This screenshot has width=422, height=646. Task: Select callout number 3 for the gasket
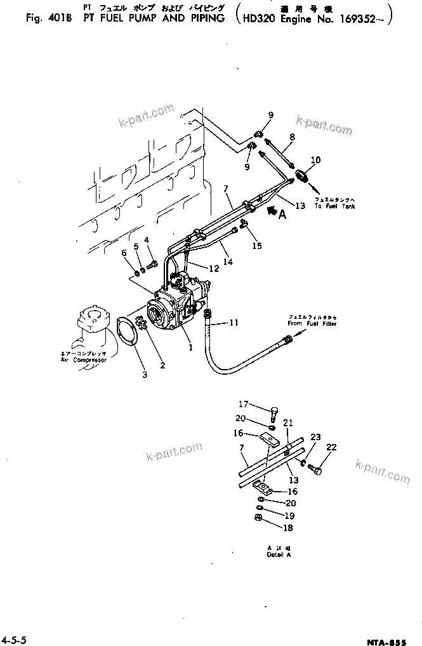point(145,375)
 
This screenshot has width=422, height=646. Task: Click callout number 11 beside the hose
point(234,323)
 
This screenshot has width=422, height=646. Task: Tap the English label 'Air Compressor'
point(80,360)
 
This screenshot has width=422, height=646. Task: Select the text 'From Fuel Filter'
point(312,323)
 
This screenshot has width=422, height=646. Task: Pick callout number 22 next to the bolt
point(331,448)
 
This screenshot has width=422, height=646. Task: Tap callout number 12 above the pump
point(213,269)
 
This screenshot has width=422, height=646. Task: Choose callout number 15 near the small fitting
point(256,245)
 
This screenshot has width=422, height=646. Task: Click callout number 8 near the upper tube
point(293,137)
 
